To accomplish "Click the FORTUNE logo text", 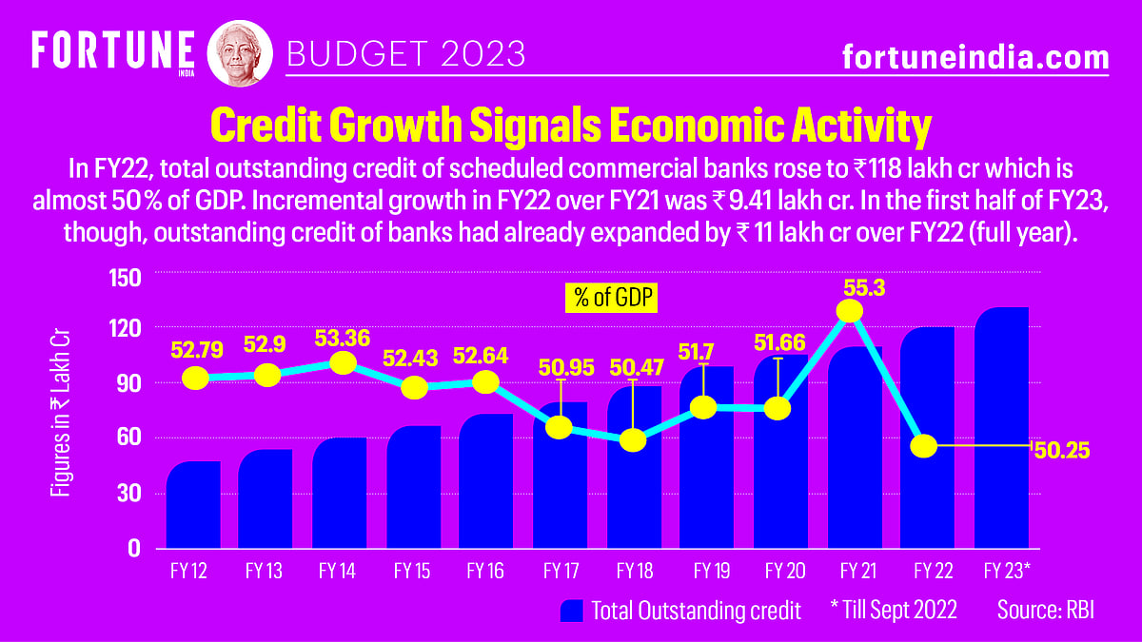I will (113, 48).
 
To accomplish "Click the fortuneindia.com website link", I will (975, 58).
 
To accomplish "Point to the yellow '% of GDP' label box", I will (613, 298).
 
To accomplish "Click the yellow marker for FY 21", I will (849, 311).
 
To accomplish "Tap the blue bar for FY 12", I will (193, 505).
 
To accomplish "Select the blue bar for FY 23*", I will (1002, 428).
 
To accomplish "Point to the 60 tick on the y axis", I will (130, 438).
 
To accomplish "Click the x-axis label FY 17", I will (561, 572).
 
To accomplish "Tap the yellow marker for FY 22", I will (924, 446).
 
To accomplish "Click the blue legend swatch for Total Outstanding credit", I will (571, 611).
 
